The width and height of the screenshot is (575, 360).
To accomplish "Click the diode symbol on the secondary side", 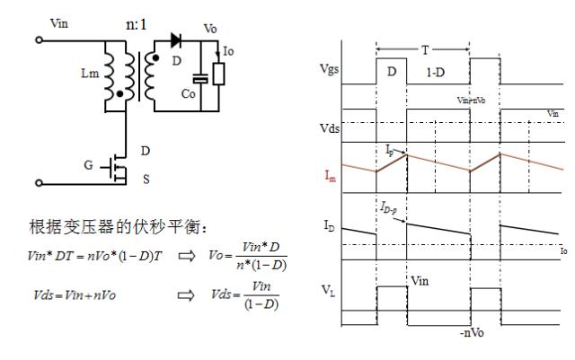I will click(x=176, y=40).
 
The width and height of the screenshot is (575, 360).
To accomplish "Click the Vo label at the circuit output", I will click(x=211, y=29).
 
